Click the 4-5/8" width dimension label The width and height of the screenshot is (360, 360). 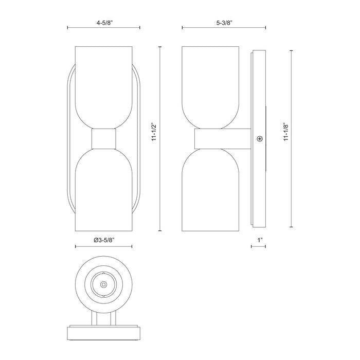tap(104, 23)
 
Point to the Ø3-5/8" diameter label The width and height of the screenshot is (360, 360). tap(104, 240)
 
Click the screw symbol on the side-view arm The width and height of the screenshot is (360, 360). tap(260, 138)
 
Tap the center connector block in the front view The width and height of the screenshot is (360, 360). tap(104, 138)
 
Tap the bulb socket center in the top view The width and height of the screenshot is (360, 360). tap(104, 284)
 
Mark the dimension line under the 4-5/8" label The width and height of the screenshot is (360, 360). tap(104, 29)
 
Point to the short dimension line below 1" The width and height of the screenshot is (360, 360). tap(258, 247)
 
